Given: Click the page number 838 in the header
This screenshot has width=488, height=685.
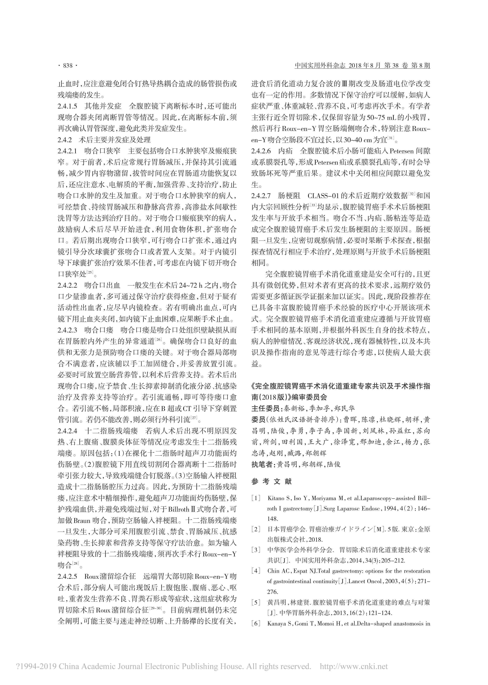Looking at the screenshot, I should pos(68,66).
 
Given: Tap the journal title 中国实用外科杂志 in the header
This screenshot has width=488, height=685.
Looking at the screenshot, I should pos(320,66).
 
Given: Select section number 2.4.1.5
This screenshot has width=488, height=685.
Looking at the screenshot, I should pos(67,106).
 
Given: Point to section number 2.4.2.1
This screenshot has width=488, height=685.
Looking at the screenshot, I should pos(67,151).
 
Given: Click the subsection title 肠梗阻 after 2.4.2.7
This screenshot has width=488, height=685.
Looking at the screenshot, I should pos(289,196).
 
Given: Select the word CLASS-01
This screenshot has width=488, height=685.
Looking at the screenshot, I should pos(323,196).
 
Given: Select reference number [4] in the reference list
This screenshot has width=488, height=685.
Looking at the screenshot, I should pos(256,571).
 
